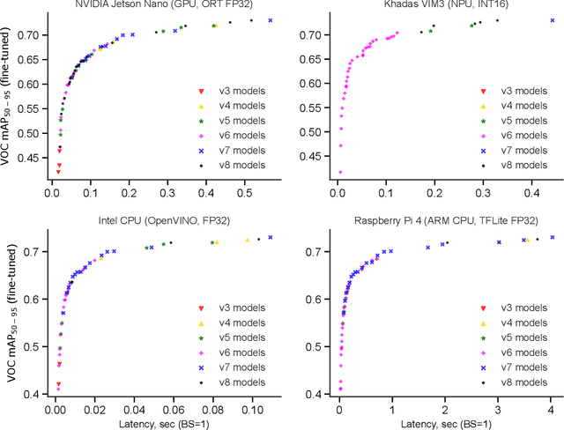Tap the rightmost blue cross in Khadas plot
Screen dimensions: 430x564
coord(553,19)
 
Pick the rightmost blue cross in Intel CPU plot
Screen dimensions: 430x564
coord(271,237)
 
